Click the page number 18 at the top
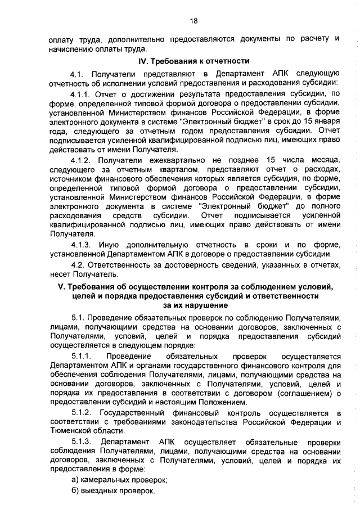point(194,21)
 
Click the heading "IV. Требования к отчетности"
point(194,61)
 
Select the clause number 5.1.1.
point(81,357)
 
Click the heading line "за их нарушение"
point(195,305)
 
